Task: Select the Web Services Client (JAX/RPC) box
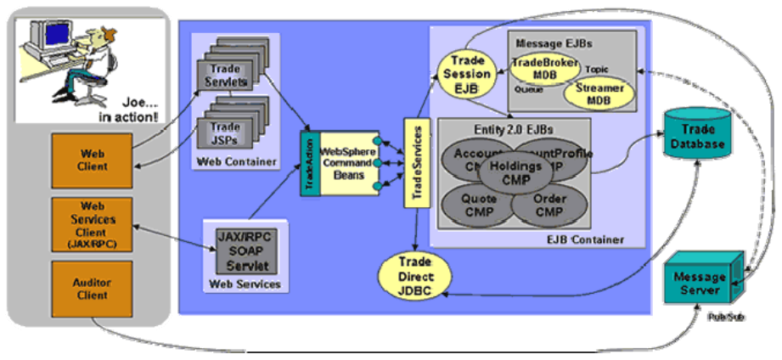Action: (92, 226)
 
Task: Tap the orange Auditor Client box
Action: (92, 288)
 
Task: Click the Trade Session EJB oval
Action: (466, 74)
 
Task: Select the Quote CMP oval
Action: (473, 205)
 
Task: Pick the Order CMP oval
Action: (551, 205)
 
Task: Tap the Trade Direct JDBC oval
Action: (414, 276)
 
